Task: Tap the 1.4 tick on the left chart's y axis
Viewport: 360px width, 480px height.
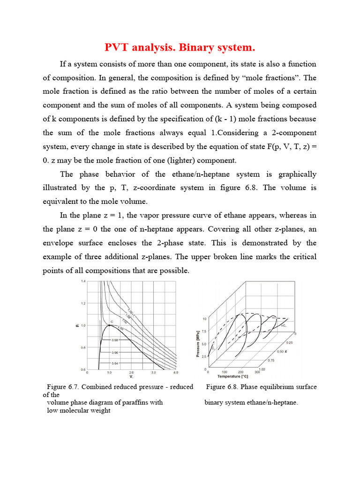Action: pyautogui.click(x=83, y=281)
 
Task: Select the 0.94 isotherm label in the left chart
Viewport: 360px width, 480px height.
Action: pyautogui.click(x=115, y=363)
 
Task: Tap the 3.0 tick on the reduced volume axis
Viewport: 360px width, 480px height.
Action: pyautogui.click(x=153, y=373)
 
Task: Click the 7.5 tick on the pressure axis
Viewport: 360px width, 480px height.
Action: pyautogui.click(x=204, y=331)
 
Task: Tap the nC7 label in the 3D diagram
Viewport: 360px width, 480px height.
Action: pyautogui.click(x=283, y=325)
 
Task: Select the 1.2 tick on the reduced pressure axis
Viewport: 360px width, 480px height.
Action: pyautogui.click(x=83, y=303)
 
